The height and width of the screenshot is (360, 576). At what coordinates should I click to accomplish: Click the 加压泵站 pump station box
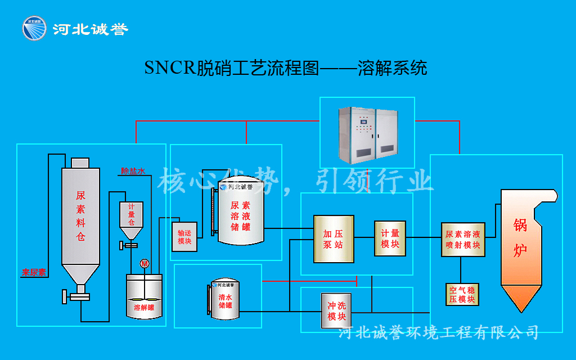click(x=334, y=239)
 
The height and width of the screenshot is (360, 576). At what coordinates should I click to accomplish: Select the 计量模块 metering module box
click(x=390, y=238)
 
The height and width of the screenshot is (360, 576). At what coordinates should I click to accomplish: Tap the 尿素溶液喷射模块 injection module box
click(x=463, y=239)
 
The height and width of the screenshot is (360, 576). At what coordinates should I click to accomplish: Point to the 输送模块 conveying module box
click(x=184, y=237)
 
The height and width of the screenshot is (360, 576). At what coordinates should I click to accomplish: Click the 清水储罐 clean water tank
click(x=225, y=300)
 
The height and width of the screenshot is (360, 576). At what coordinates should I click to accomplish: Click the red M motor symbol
click(x=145, y=263)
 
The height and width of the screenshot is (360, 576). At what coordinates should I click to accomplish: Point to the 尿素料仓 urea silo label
click(x=80, y=217)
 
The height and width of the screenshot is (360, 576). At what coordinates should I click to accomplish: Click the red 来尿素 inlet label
click(x=34, y=273)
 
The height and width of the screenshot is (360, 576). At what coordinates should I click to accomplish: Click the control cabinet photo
click(x=367, y=133)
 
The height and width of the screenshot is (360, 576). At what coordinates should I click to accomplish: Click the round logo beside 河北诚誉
click(x=35, y=29)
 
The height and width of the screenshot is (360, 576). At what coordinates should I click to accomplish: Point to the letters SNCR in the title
click(x=169, y=68)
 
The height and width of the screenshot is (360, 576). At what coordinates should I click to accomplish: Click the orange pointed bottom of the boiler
click(x=521, y=298)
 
